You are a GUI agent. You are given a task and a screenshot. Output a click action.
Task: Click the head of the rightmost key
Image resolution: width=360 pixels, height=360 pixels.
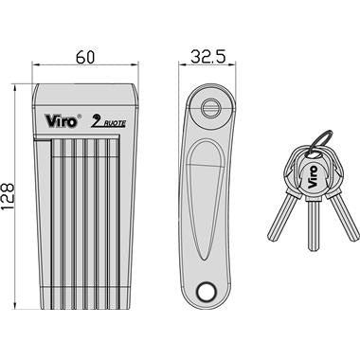[328, 169]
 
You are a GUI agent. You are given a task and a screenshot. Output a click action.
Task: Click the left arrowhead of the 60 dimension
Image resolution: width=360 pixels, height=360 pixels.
[36, 70]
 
